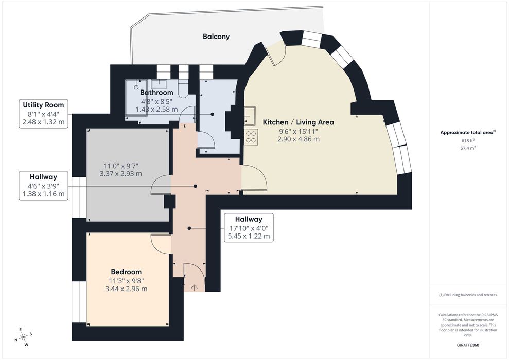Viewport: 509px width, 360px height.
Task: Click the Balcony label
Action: [216, 37]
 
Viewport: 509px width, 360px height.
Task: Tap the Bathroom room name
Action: [156, 93]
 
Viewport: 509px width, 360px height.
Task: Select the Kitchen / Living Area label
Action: [299, 122]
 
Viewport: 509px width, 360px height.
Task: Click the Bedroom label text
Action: [126, 272]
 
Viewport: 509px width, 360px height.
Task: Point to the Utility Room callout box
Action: [44, 114]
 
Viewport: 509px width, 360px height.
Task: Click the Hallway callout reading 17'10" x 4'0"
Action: [249, 228]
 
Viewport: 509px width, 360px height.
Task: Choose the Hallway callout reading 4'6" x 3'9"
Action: [44, 186]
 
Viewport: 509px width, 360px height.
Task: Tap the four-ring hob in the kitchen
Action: [251, 136]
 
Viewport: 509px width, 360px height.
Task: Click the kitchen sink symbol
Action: [250, 116]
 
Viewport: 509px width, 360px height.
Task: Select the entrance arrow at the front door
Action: [195, 287]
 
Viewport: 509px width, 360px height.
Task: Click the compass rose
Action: [23, 337]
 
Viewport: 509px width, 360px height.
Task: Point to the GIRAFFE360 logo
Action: [467, 345]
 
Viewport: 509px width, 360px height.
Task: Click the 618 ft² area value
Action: [468, 141]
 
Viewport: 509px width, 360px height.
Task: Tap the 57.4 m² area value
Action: [468, 148]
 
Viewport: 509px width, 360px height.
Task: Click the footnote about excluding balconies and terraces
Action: [468, 295]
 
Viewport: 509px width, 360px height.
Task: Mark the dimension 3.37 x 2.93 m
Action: [121, 174]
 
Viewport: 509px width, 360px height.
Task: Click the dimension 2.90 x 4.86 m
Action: [299, 139]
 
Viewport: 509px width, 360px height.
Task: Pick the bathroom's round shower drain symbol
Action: [136, 87]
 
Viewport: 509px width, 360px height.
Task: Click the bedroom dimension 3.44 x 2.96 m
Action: [126, 289]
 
